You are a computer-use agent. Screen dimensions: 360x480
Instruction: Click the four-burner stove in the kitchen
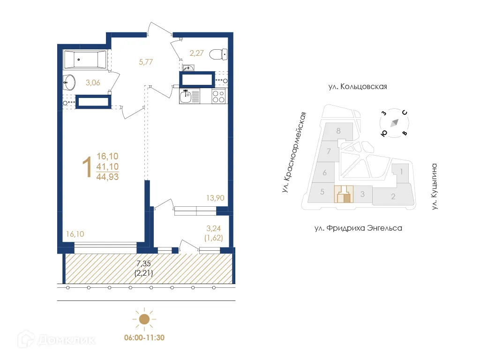coord(218,97)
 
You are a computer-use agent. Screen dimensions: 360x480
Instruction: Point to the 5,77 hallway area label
coord(146,61)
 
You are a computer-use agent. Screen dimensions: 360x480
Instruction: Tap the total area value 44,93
coord(107,177)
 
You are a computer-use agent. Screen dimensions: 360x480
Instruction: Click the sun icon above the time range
coord(144,319)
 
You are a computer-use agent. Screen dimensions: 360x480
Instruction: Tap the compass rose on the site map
coord(394,122)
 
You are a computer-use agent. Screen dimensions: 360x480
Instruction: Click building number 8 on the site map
coord(338,131)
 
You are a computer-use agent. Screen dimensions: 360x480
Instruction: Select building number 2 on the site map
coord(393,196)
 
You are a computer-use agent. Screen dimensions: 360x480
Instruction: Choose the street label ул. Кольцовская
coord(357,87)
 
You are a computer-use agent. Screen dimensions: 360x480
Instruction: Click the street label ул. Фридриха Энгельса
coord(358,228)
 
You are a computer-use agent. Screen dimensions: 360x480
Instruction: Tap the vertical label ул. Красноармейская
coord(293,153)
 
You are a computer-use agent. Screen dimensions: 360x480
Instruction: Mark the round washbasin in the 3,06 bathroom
coord(69,82)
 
